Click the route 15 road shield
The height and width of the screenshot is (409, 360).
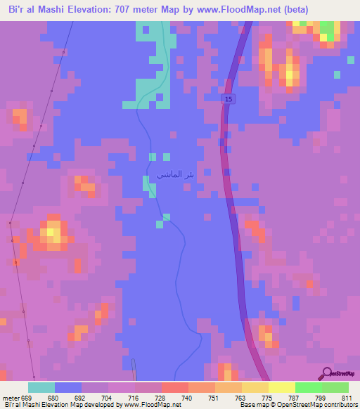(229, 101)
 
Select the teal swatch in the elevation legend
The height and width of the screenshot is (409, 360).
(41, 387)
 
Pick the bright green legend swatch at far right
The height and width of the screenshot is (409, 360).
(335, 387)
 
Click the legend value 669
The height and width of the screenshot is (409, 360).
(27, 397)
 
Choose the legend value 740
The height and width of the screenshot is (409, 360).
(186, 397)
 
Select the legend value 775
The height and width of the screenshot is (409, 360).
(266, 397)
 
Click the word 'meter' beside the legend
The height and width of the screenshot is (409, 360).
(11, 397)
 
